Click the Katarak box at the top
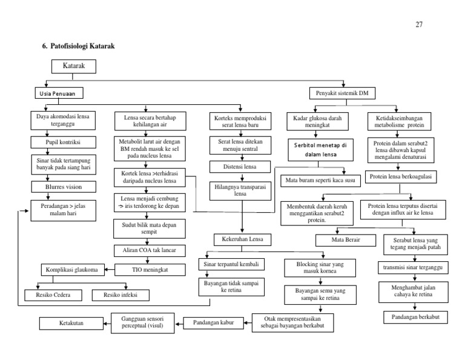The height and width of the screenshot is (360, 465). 73,65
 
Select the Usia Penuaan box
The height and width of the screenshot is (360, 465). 57,93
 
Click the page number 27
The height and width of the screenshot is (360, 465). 419,25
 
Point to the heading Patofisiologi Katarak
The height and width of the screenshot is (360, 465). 77,46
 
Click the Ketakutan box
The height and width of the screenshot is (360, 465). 70,322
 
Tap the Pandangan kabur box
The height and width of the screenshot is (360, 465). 214,322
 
